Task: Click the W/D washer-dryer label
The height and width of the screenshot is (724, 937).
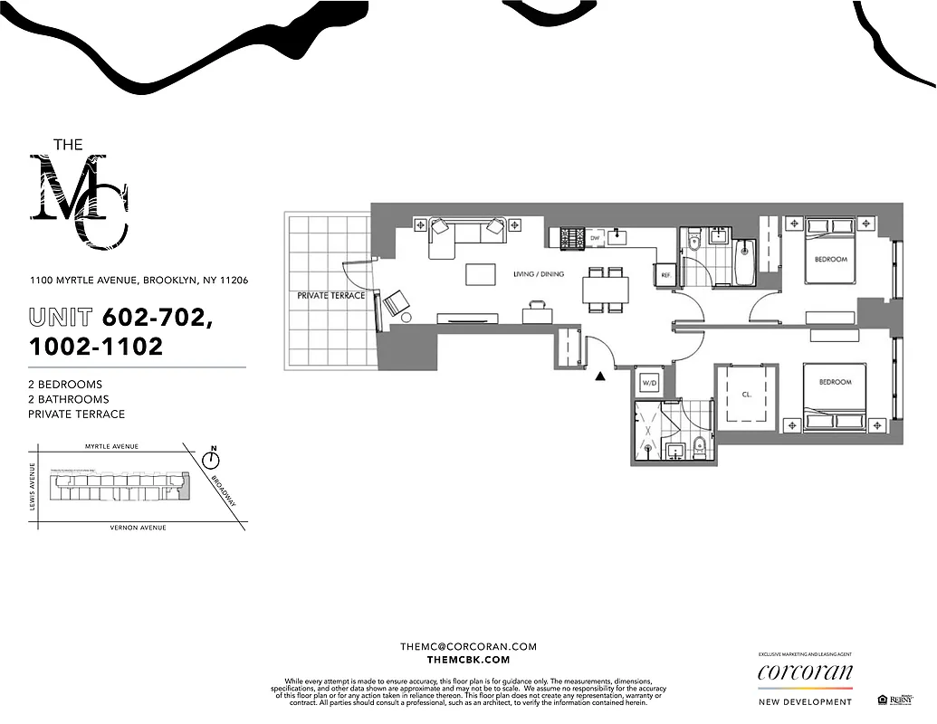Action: click(648, 383)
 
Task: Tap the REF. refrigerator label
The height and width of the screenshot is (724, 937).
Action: click(665, 274)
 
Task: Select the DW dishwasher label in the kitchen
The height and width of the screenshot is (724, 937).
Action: click(595, 238)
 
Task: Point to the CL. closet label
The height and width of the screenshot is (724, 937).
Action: click(746, 395)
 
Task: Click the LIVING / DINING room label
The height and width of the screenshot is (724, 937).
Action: click(540, 273)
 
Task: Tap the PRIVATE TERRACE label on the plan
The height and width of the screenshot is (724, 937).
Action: click(331, 296)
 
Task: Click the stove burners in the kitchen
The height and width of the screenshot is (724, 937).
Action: click(572, 238)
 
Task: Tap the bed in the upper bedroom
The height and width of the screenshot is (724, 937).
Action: click(830, 252)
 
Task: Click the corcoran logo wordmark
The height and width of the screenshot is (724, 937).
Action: click(805, 672)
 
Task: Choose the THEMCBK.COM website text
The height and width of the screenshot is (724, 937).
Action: click(468, 661)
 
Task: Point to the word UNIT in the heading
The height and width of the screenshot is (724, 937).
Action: click(61, 318)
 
